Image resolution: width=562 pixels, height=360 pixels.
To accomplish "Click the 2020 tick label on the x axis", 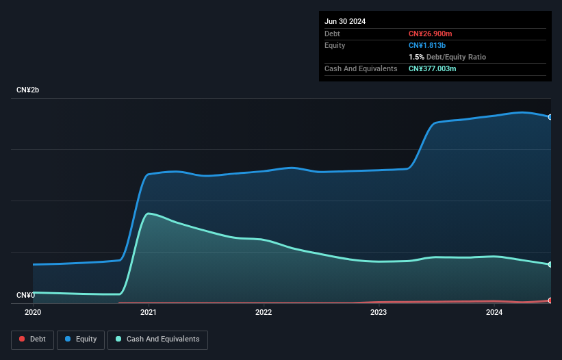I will click(x=33, y=312).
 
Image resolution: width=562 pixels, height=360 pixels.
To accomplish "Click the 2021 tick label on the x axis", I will click(x=148, y=312).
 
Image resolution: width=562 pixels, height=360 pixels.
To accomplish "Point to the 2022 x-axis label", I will click(x=264, y=312).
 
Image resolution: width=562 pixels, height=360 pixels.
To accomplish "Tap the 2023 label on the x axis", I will click(x=379, y=312).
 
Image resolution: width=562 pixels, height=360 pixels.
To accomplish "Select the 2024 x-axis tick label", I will click(x=494, y=312).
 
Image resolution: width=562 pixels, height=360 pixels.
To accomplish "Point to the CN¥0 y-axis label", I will click(x=25, y=296).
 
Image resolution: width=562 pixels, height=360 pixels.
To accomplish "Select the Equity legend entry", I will click(x=81, y=339).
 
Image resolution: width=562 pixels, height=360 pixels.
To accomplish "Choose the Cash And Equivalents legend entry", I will click(x=157, y=339).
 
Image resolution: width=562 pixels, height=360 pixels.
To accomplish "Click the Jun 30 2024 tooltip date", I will click(x=345, y=21).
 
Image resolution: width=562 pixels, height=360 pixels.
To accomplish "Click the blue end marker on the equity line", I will click(x=550, y=117).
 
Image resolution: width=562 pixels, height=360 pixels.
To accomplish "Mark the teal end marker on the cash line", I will click(x=550, y=264).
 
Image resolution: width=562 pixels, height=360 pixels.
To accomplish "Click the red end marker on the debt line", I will click(x=550, y=300).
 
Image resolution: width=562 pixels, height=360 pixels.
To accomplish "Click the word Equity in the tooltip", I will click(x=335, y=45).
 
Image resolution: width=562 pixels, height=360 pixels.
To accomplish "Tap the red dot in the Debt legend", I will click(x=22, y=339).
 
